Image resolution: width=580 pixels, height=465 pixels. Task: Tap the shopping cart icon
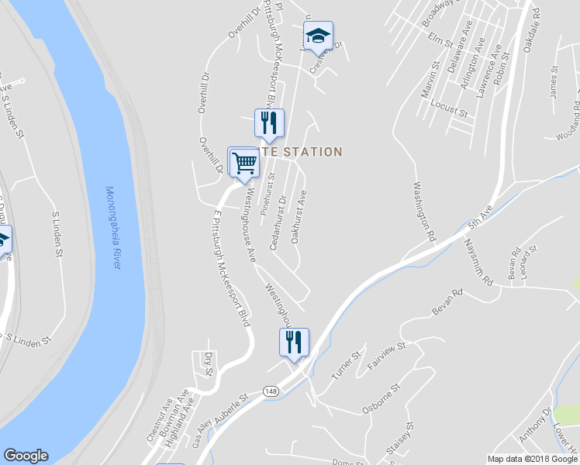[x=243, y=162]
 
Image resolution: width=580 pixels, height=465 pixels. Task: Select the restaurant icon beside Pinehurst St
[x=270, y=123]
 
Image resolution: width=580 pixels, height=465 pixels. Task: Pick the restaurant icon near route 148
[x=294, y=342]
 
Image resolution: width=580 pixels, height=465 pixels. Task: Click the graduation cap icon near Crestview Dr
[x=318, y=36]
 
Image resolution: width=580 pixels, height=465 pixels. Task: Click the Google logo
[x=26, y=456]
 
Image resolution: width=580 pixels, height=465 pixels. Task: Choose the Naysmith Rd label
[x=478, y=262]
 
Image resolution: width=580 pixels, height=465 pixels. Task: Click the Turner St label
[x=347, y=365]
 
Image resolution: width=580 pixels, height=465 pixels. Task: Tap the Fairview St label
[x=386, y=356]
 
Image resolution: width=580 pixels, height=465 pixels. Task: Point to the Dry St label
[x=207, y=363]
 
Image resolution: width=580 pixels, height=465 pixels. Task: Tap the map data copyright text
[x=533, y=459]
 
